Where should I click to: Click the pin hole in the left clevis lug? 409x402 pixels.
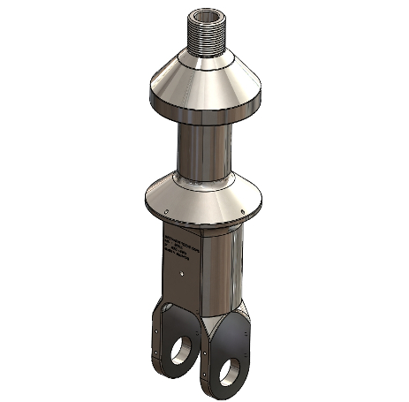(x=180, y=347)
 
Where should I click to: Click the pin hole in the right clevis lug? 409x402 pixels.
(x=235, y=366)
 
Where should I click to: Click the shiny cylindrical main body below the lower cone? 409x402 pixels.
(x=221, y=265)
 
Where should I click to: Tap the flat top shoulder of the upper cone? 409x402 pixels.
(x=202, y=55)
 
